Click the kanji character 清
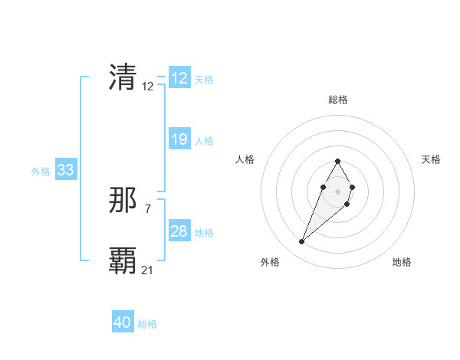[123, 77]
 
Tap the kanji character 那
[123, 201]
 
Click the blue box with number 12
[179, 78]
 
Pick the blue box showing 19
[179, 139]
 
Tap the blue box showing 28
[179, 231]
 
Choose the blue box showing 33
[65, 170]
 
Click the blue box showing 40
[123, 322]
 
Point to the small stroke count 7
[147, 208]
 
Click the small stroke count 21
[148, 270]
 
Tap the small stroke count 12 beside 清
[148, 86]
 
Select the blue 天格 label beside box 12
[204, 80]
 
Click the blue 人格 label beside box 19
[204, 141]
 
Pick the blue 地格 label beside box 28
[204, 233]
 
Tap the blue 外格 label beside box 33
[41, 172]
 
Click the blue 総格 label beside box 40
[147, 324]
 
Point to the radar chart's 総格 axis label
[338, 100]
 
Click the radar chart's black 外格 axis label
[270, 262]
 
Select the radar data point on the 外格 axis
[302, 242]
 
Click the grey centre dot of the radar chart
[337, 190]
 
